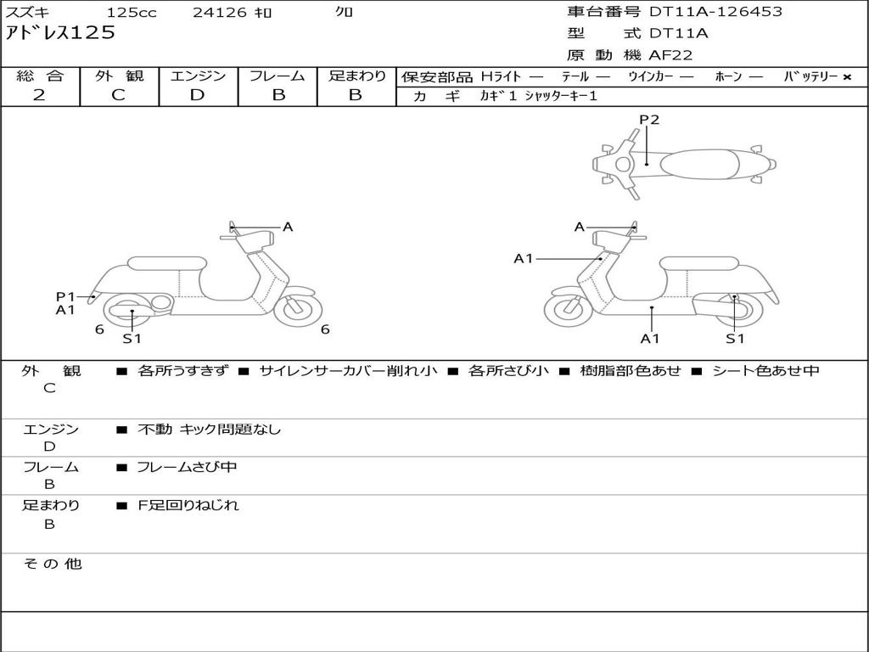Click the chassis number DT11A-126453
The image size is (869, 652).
click(715, 12)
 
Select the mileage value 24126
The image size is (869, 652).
click(220, 13)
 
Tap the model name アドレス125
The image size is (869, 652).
click(60, 34)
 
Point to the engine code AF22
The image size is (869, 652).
click(670, 55)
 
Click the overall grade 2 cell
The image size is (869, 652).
click(39, 95)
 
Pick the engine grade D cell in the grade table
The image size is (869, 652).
click(198, 95)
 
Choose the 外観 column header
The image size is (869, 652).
click(119, 76)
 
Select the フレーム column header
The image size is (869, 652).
click(278, 76)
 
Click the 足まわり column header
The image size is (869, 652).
click(356, 76)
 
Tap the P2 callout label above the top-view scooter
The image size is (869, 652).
click(649, 120)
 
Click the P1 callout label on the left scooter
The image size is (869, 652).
click(65, 296)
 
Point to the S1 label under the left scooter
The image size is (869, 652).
click(132, 339)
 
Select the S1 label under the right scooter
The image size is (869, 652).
click(735, 339)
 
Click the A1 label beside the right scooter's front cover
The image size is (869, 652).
click(524, 258)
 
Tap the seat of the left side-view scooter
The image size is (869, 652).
click(165, 262)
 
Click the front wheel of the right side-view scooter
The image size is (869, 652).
click(568, 309)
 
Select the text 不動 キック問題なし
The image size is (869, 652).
click(209, 430)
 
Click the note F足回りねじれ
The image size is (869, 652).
click(188, 505)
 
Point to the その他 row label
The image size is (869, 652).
click(51, 564)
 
